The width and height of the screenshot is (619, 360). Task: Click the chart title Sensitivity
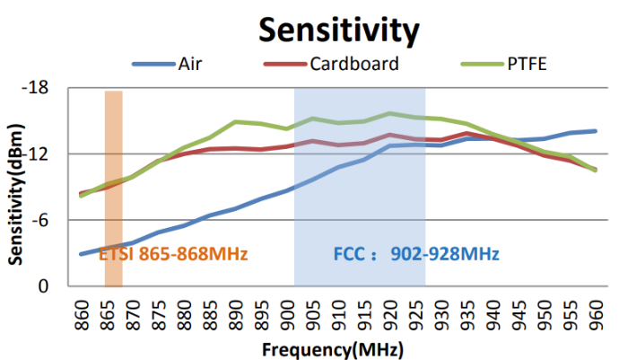[x=338, y=30]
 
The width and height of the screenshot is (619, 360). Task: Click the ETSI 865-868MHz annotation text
[x=173, y=254]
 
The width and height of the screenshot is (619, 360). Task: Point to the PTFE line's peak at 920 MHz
[x=389, y=113]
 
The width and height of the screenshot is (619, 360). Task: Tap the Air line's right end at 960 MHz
[x=595, y=131]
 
